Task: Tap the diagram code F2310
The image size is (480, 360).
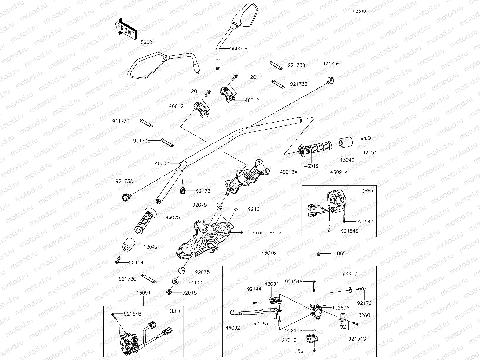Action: pyautogui.click(x=359, y=11)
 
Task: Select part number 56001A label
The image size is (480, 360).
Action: pyautogui.click(x=239, y=49)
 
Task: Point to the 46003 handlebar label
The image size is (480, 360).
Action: pyautogui.click(x=162, y=163)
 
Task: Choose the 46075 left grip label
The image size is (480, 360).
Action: pyautogui.click(x=173, y=217)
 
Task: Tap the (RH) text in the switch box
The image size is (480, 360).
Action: pyautogui.click(x=368, y=190)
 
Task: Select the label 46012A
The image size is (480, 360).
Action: pyautogui.click(x=289, y=172)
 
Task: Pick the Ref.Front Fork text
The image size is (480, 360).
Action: pyautogui.click(x=261, y=233)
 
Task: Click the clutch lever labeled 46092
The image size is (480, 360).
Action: pyautogui.click(x=254, y=312)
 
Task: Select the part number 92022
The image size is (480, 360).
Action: pyautogui.click(x=196, y=283)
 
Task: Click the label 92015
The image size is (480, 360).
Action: pyautogui.click(x=189, y=293)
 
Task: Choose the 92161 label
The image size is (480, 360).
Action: pyautogui.click(x=255, y=209)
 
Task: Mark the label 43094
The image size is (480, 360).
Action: pyautogui.click(x=272, y=284)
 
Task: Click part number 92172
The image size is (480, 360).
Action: pyautogui.click(x=364, y=303)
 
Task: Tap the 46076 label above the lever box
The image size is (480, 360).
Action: pyautogui.click(x=269, y=253)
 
